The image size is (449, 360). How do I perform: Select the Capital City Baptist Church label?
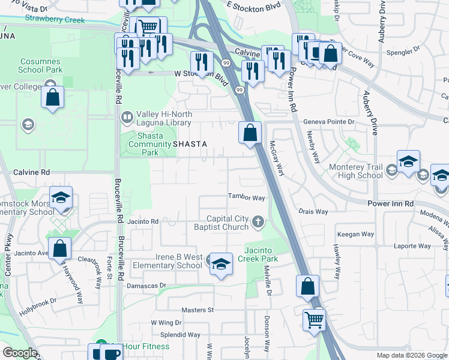coord(227,223)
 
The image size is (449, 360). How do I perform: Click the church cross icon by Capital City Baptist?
coord(258,223)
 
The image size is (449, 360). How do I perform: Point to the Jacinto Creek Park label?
coord(261,254)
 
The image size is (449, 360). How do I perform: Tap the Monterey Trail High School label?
coord(361,171)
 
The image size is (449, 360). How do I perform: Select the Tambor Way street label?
coord(246,197)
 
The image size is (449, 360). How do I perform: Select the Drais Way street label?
coord(313,212)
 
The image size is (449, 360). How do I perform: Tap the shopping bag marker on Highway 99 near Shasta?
coord(250,132)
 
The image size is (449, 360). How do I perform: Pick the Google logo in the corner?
coord(20,353)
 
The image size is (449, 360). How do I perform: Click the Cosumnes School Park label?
coord(41,65)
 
